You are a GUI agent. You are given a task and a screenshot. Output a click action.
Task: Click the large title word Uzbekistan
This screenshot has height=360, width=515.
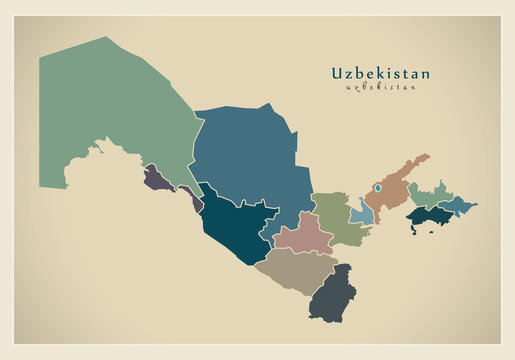(x=381, y=73)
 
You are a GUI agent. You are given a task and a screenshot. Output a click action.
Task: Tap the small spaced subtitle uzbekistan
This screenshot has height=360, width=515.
(x=381, y=87)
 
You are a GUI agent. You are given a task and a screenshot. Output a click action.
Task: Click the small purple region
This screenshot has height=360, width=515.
(x=157, y=179)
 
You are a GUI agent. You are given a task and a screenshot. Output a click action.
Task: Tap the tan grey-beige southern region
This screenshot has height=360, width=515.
(x=295, y=268)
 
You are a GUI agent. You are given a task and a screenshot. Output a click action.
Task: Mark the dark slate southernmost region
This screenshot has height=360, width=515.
(x=333, y=295)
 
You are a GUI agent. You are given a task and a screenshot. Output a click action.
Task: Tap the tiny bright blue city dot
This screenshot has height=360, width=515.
(x=379, y=186)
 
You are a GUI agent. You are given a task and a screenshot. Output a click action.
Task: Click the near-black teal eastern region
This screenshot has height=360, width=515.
(x=430, y=215)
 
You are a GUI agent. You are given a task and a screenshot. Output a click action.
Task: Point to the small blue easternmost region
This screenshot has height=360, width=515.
(x=458, y=205)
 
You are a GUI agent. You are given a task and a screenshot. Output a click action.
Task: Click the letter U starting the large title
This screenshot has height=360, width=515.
(x=336, y=73)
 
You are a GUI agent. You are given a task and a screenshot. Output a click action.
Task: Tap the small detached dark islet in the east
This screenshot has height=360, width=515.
(x=410, y=231)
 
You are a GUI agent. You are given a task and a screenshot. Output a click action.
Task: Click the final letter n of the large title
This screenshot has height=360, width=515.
(x=427, y=73)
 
